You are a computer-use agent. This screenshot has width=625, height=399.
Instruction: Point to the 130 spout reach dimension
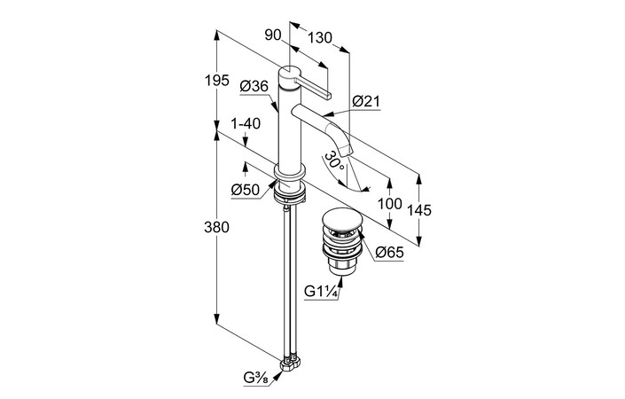321,38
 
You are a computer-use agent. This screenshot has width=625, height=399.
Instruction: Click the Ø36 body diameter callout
254,86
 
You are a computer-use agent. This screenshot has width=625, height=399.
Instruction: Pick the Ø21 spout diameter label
365,102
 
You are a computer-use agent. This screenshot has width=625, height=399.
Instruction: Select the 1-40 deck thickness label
245,124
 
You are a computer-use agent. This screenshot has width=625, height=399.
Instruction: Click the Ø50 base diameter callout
245,190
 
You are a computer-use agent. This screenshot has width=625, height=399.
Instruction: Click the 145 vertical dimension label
419,210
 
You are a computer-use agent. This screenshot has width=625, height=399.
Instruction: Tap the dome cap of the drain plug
339,218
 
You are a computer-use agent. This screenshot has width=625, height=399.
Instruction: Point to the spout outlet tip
347,155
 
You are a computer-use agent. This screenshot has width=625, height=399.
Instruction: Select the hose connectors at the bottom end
290,364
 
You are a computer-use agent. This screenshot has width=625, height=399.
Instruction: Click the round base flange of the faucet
291,173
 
